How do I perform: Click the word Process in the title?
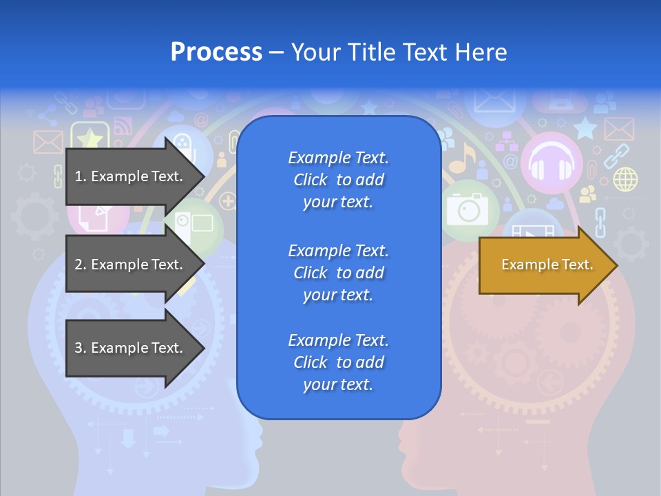(x=216, y=52)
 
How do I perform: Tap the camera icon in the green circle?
(x=468, y=209)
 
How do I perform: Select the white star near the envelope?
(x=585, y=127)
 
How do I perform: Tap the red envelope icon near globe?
(x=618, y=128)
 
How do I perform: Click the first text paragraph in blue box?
(x=338, y=180)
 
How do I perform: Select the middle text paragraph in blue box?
(x=338, y=273)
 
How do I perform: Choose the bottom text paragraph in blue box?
(x=338, y=362)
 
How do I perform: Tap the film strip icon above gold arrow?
(x=532, y=231)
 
